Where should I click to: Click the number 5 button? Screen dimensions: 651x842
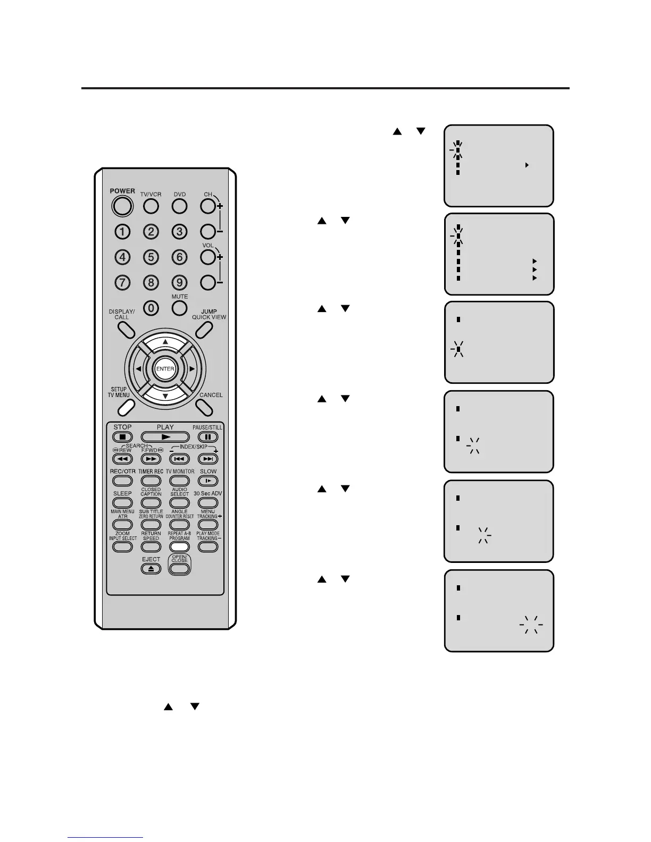(x=151, y=257)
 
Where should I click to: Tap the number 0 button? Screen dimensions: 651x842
(x=151, y=308)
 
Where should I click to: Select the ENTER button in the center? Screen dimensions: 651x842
(x=165, y=369)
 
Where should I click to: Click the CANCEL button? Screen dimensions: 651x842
(x=204, y=407)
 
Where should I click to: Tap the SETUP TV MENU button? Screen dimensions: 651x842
(x=126, y=407)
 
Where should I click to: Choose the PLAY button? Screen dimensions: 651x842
(x=165, y=437)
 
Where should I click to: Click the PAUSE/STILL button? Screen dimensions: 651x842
(x=208, y=437)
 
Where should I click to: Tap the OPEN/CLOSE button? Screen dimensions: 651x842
(x=180, y=568)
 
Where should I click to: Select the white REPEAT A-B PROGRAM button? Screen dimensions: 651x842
(x=180, y=546)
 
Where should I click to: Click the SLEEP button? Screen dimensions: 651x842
(x=122, y=502)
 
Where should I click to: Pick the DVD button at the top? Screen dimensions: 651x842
(x=180, y=206)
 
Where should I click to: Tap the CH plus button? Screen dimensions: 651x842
(x=208, y=206)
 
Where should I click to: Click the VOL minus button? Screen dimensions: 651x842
(x=208, y=282)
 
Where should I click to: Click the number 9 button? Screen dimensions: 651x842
(x=180, y=282)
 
